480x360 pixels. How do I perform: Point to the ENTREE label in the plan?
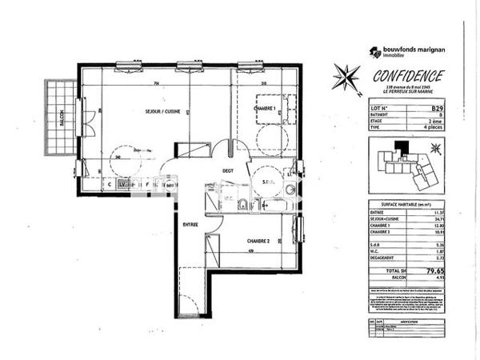coord(189,225)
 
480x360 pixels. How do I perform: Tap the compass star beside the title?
coord(347,78)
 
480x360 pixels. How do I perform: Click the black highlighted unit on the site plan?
coord(405,147)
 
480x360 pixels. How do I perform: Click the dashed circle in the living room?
coord(125,153)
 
